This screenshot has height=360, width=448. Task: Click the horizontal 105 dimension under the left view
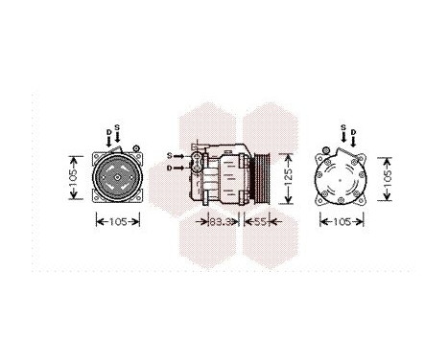coord(118,222)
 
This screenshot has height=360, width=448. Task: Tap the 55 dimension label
coord(260,222)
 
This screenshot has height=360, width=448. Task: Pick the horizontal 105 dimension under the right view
coord(342,222)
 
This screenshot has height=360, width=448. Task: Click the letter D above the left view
coord(107,131)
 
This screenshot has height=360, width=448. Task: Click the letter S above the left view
coord(117,127)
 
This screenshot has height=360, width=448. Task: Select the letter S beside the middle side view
coord(169,154)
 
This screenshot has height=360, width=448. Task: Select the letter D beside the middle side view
coord(169,168)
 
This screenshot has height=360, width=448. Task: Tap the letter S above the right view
coord(343,127)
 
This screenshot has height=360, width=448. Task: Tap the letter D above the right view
coord(353,131)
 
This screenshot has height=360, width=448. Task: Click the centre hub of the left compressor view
coord(117,177)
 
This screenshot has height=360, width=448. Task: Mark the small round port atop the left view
coord(135,147)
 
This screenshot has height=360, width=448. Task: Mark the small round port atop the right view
coord(326,148)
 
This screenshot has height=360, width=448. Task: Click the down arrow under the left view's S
coord(117,140)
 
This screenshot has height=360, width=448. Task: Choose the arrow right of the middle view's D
coord(182,168)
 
